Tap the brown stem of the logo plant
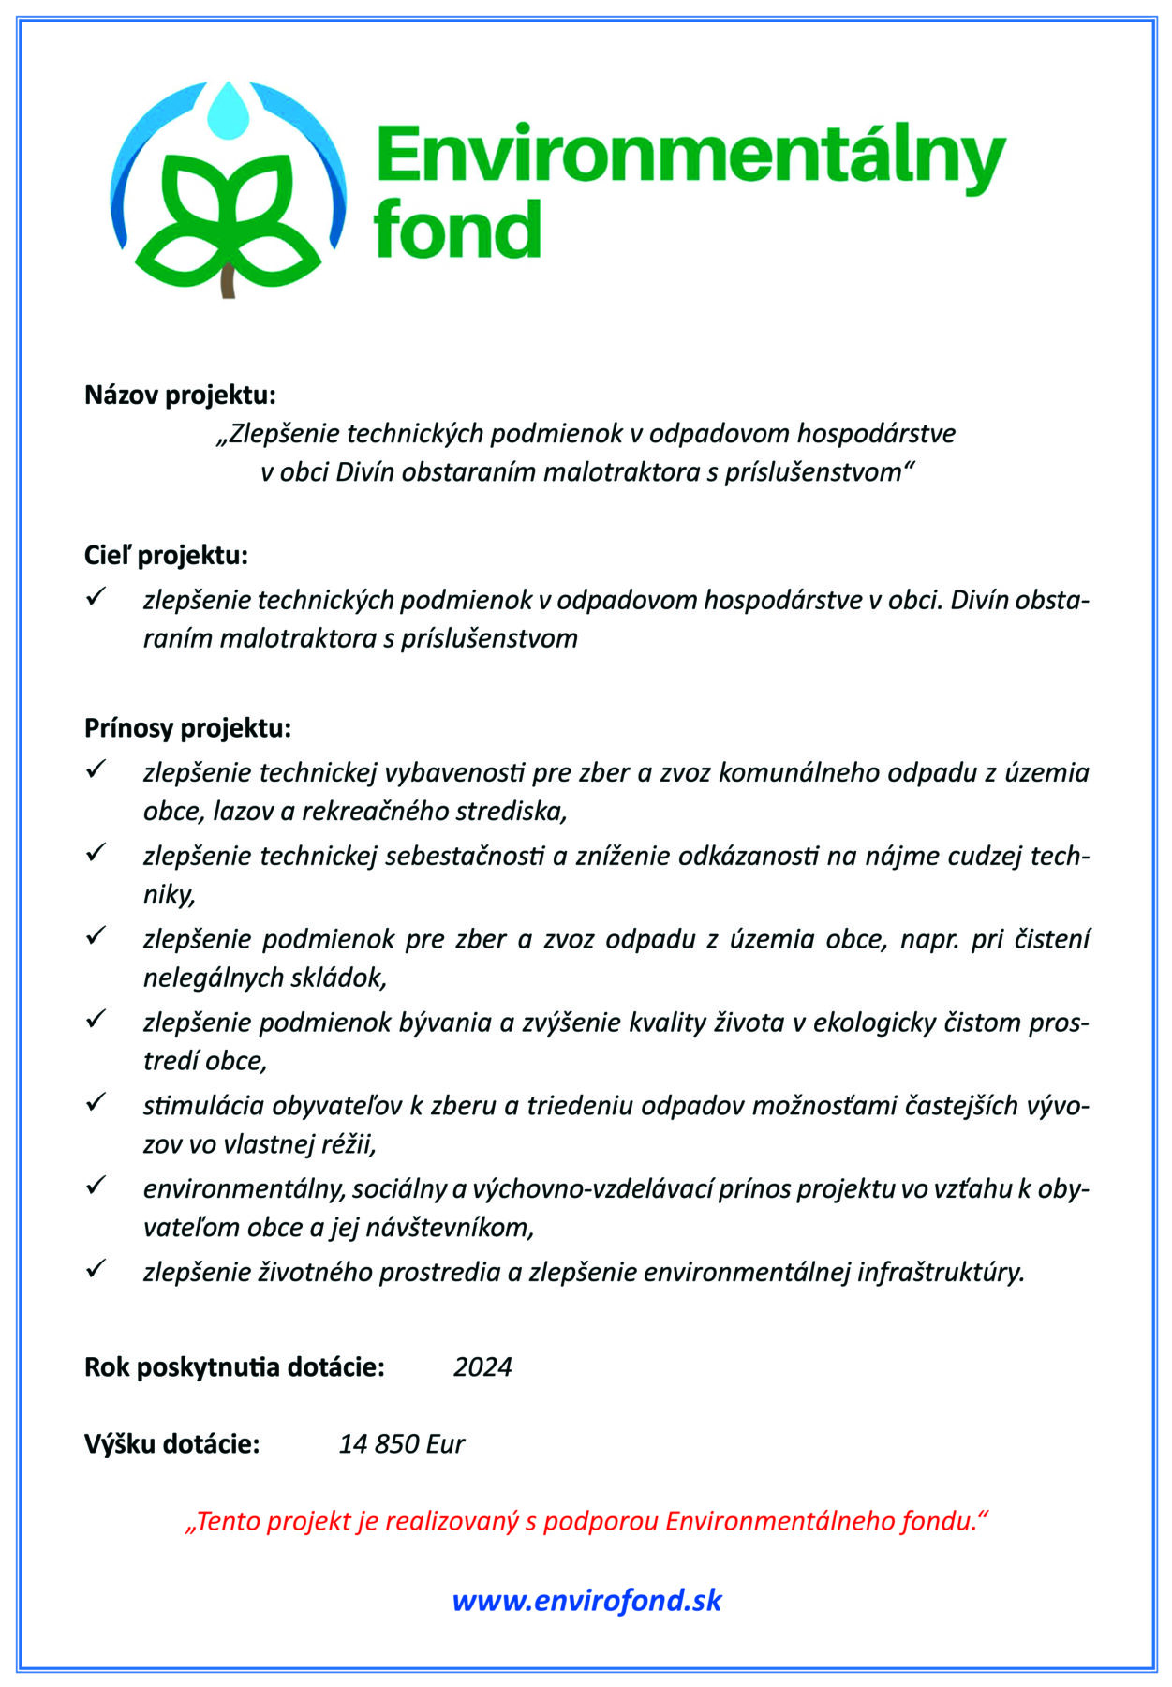pos(228,281)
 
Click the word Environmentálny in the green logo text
pos(690,156)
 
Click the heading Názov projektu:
pos(180,395)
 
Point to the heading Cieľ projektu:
pos(166,555)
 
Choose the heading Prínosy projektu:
pos(187,727)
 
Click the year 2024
pos(482,1366)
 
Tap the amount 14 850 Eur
pos(401,1443)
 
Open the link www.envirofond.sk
pos(586,1600)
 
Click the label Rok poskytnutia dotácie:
pos(234,1366)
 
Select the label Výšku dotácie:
pos(171,1443)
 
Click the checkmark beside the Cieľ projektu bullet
pos(96,597)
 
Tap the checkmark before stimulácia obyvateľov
pos(96,1103)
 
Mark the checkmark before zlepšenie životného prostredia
pos(96,1269)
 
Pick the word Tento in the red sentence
pos(229,1521)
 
